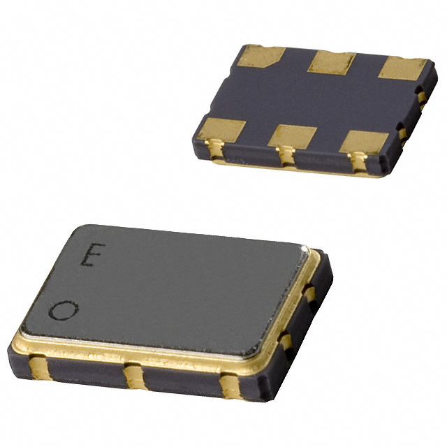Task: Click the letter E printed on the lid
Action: (x=88, y=257)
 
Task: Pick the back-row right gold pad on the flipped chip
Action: (x=404, y=69)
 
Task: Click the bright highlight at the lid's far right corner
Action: (x=305, y=249)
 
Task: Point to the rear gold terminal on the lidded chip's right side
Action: (x=309, y=293)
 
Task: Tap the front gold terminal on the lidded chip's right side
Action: (x=286, y=342)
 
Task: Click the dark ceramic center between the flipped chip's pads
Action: (x=314, y=99)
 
